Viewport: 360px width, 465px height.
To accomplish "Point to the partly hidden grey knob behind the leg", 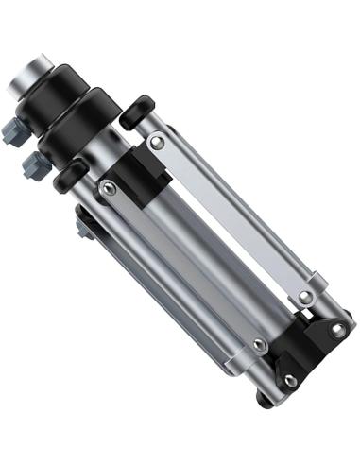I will click(84, 226).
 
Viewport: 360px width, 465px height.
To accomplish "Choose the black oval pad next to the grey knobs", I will click(69, 177).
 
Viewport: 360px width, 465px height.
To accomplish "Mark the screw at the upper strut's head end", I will click(158, 142).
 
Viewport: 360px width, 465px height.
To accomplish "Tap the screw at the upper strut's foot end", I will click(304, 297).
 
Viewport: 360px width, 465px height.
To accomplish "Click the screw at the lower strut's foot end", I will click(259, 346).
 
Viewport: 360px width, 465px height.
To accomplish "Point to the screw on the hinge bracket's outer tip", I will click(337, 330).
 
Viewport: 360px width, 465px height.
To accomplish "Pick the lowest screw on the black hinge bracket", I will click(290, 381).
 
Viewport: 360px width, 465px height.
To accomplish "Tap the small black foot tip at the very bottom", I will click(266, 399).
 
